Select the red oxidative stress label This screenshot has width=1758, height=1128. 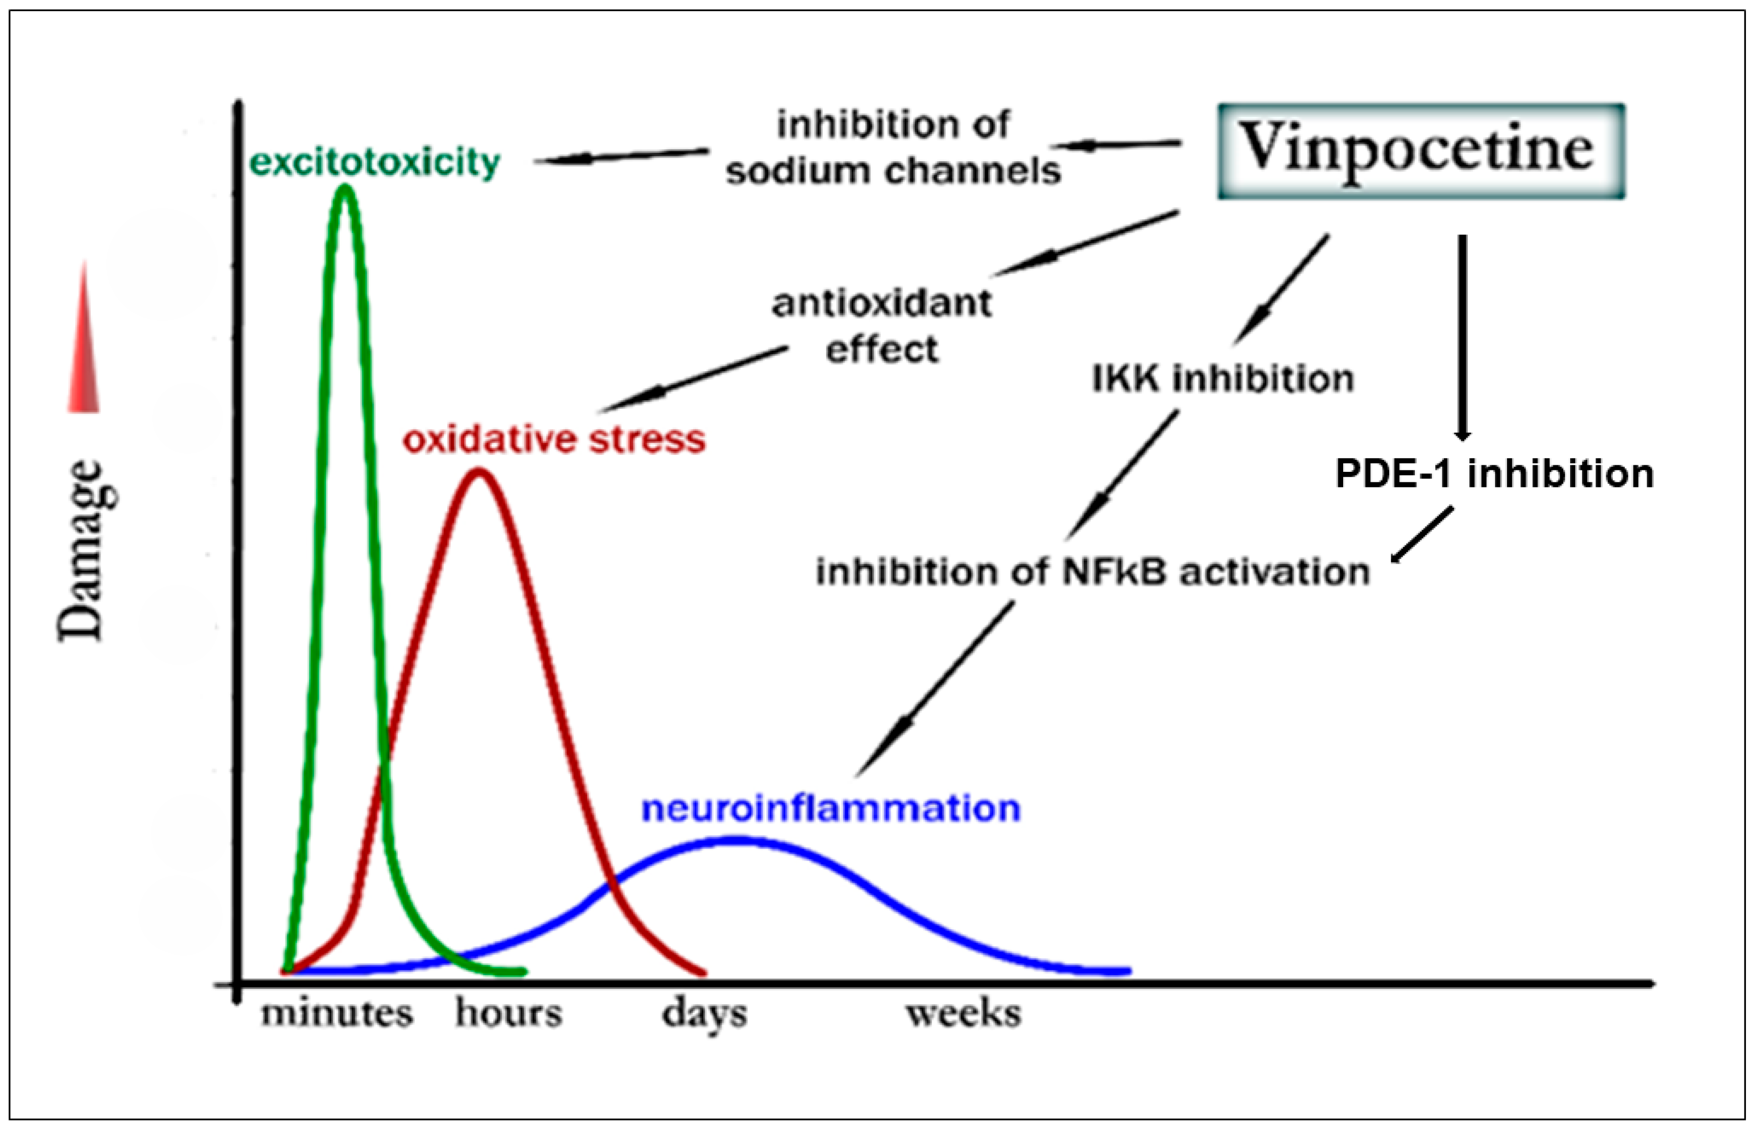coord(554,439)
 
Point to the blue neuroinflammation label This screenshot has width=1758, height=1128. coord(831,808)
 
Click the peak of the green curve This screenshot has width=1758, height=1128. coord(345,188)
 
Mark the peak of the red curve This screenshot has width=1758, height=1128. coord(478,472)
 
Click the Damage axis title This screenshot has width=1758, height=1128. coord(87,551)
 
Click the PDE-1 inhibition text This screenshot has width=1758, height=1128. coord(1494,474)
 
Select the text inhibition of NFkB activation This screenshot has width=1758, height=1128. coord(1092,572)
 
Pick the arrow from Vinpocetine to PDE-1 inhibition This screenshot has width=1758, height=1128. coord(1462,337)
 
